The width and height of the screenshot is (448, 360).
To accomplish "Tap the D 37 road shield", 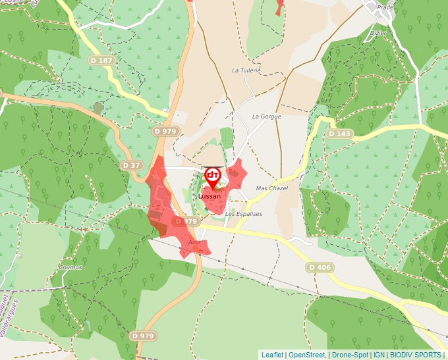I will point(132,165).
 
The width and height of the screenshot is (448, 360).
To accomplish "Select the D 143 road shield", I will point(340,134).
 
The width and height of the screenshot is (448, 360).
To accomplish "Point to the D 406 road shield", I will point(320,267).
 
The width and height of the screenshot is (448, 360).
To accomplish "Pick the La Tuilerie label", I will point(246,70).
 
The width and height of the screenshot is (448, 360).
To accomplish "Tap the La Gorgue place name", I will point(266,116).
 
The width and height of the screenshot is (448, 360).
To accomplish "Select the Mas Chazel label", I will point(271,188).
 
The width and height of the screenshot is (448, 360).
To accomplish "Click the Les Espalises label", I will point(243,214).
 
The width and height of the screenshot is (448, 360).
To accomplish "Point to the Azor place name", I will point(194,242).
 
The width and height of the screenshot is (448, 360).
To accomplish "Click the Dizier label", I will point(378,32).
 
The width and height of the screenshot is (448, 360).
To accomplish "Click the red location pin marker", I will point(212,175).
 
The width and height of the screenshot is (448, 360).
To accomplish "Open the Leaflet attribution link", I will point(272,355).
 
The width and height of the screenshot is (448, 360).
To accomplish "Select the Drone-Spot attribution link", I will point(350,355).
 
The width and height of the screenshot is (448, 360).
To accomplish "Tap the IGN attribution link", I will point(379,355).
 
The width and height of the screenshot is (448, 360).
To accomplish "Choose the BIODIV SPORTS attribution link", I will point(415,355).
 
